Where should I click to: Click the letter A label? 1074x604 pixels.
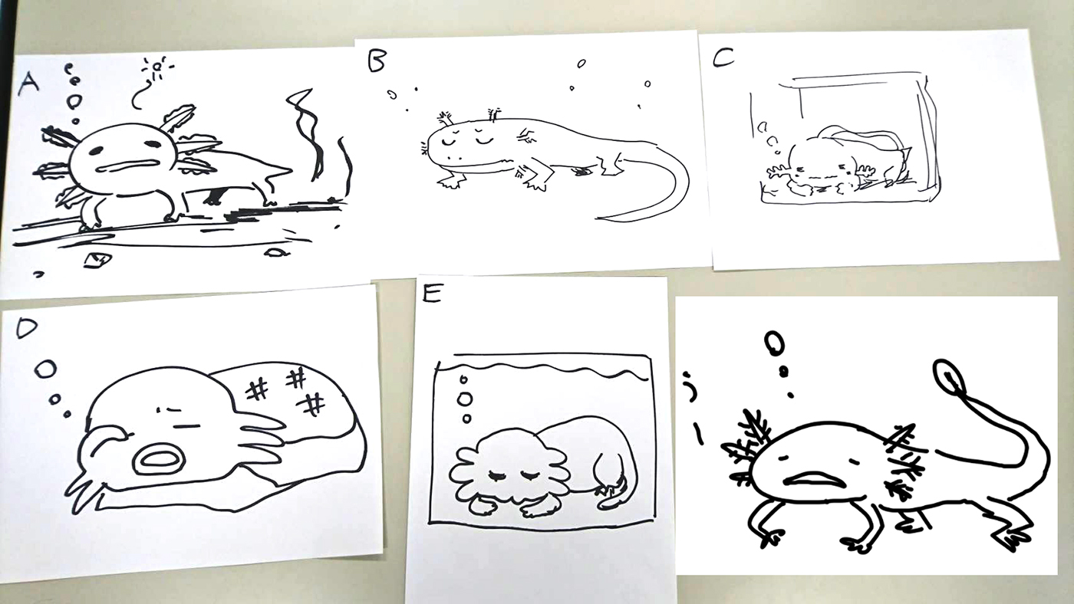pos(29,84)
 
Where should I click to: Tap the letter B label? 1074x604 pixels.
pos(377,61)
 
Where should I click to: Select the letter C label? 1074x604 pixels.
pos(723,57)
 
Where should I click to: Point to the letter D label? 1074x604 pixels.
pos(26,328)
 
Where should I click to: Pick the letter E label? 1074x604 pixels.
pos(431,293)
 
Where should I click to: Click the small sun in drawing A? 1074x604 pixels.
pos(156,67)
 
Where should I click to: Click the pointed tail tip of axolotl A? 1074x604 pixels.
pos(290,169)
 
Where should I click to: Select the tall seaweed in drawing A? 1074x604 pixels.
pos(306,134)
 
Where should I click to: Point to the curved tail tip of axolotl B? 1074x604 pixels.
pos(599,218)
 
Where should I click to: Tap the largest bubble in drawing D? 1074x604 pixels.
pos(45,369)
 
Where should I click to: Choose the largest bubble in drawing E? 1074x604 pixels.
pos(465,399)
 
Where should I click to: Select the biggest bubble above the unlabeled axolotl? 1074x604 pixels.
pos(774,344)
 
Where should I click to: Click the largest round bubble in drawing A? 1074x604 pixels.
pos(74,101)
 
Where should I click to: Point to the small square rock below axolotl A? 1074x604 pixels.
pos(97,260)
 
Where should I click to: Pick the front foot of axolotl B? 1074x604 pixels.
pos(451,181)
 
